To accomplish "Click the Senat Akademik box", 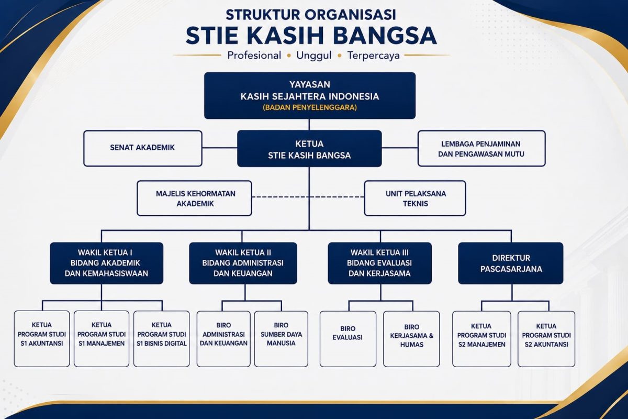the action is point(143,148).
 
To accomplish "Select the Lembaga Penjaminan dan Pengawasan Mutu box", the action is point(481,148).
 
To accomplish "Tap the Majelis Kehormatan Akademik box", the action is point(194,198).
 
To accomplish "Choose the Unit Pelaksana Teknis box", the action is point(415,198).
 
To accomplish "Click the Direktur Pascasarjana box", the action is point(511,263).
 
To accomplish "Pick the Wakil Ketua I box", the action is point(107,263).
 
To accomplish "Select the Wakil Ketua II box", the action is point(243,263).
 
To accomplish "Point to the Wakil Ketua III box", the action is point(379,263).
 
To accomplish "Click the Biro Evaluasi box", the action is point(348,339).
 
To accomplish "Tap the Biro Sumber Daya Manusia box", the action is point(281,339).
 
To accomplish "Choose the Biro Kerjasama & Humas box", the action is point(411,339).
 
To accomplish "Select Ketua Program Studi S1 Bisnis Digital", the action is point(162,339).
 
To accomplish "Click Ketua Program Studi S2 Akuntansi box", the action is point(546,339).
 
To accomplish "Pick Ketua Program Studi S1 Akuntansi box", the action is point(42,339).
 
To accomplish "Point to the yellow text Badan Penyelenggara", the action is point(310,107).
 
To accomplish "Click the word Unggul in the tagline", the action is point(313,56).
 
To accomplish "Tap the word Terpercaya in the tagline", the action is point(374,56).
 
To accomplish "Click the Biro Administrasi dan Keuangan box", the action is point(223,339).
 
